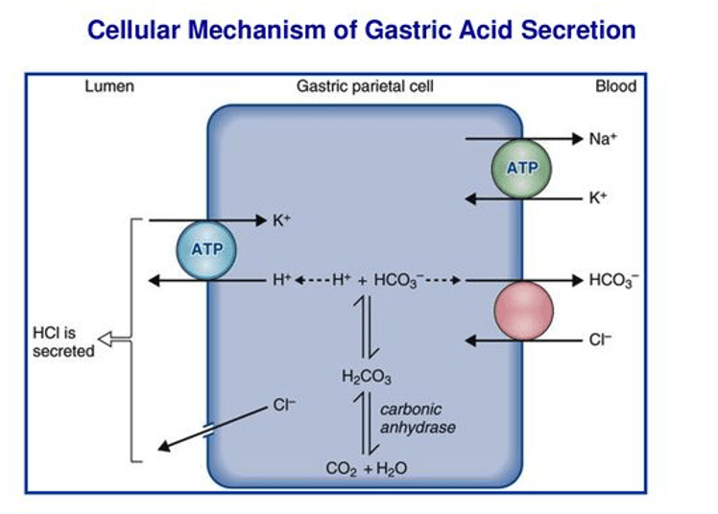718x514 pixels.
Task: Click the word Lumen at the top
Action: coord(108,87)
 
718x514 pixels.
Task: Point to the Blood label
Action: coord(615,87)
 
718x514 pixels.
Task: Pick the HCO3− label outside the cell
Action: coord(612,281)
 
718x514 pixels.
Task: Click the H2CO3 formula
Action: coord(366,377)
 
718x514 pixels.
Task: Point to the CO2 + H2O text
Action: coord(366,468)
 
